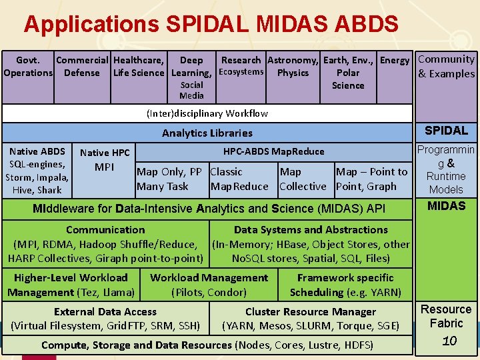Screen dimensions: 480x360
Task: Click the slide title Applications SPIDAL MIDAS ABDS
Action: point(211,24)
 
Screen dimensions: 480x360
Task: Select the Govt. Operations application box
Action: point(28,67)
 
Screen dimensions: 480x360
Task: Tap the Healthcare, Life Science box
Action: point(139,67)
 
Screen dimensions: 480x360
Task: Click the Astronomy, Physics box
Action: point(293,67)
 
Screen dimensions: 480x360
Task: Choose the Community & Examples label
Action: point(446,67)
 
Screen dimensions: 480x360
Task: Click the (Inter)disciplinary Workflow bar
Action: point(207,113)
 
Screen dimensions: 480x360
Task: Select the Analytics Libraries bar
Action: point(207,133)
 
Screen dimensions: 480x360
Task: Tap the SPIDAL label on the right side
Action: point(446,131)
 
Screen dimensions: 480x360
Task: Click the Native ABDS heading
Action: point(37,151)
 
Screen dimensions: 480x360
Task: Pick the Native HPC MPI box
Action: point(105,160)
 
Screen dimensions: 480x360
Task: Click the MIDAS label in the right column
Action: point(446,206)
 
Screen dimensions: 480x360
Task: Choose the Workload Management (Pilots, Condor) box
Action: point(209,285)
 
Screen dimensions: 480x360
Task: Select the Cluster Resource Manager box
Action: point(311,319)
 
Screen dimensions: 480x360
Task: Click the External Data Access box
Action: point(105,319)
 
